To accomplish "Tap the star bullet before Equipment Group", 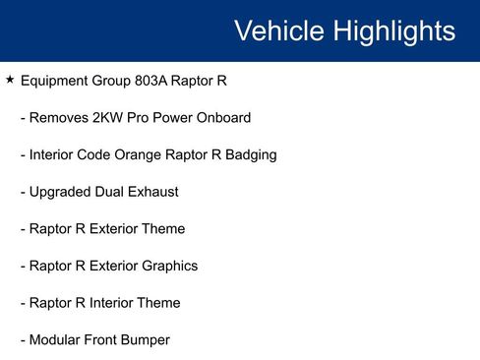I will tap(10, 80).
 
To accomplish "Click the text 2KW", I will tap(109, 118).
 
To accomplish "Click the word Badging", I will tap(249, 154).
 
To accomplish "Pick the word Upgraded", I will tap(62, 192).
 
